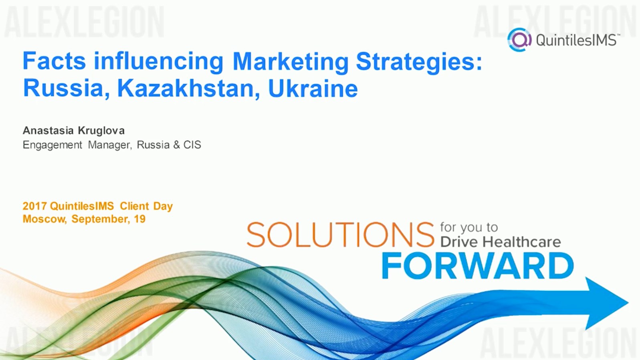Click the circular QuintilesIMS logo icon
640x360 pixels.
click(x=519, y=40)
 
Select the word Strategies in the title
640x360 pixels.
click(x=419, y=62)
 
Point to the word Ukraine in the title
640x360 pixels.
click(x=313, y=88)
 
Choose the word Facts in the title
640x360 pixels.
click(x=54, y=61)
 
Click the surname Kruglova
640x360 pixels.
click(x=101, y=131)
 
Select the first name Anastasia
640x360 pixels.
click(x=48, y=131)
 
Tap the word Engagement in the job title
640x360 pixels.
click(x=52, y=145)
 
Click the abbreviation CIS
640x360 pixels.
click(x=192, y=145)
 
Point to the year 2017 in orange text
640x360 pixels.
click(x=34, y=206)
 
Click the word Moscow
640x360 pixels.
click(x=44, y=219)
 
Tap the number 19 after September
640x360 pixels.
click(x=139, y=219)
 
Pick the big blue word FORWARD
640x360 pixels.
click(x=478, y=266)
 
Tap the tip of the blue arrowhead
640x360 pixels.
click(x=628, y=303)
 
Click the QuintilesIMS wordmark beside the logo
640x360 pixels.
click(x=577, y=40)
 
